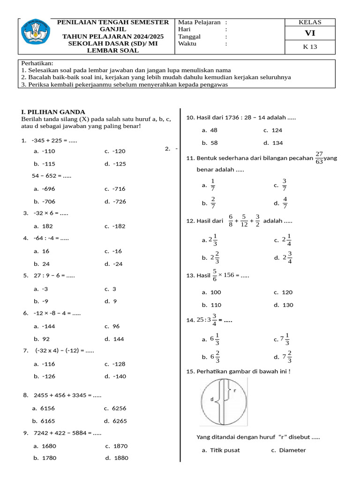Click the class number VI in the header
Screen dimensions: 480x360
310,33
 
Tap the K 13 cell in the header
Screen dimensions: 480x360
310,47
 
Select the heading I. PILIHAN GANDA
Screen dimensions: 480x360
53,112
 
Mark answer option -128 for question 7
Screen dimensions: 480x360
119,364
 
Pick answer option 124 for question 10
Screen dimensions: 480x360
277,130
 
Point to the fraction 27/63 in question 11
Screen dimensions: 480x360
319,158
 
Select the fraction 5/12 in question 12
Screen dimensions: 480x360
244,220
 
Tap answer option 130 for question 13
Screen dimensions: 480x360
287,305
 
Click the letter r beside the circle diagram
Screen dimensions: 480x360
234,390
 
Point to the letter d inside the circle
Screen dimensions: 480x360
212,399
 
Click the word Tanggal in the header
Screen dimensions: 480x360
189,37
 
